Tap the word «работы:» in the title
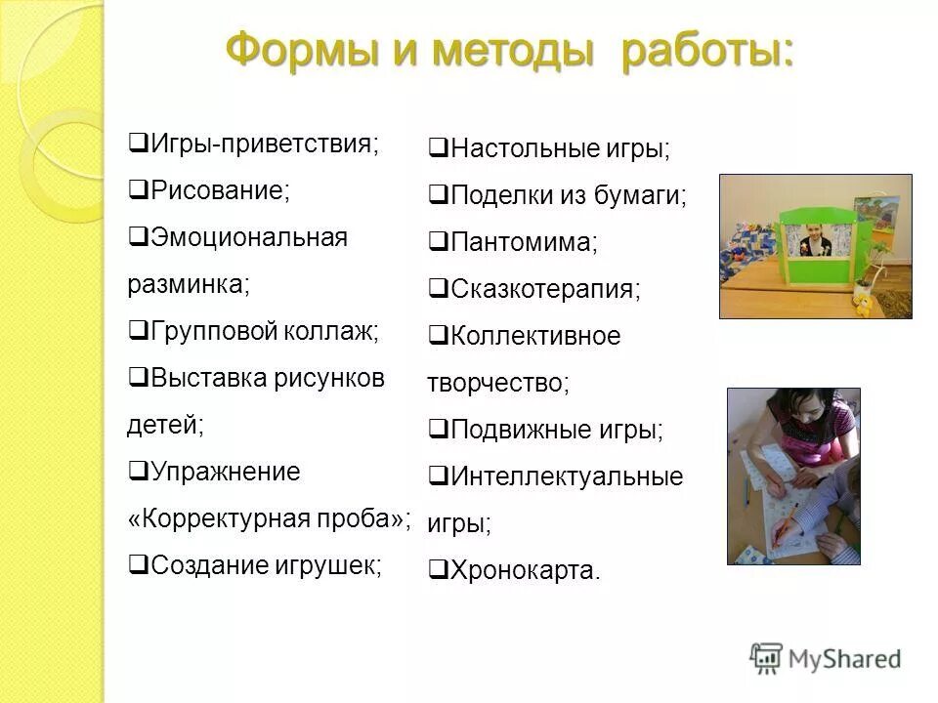click(708, 49)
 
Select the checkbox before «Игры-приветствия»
click(138, 144)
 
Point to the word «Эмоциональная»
click(249, 237)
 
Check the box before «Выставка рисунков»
click(138, 378)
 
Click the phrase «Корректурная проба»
click(269, 518)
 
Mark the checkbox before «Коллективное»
click(438, 337)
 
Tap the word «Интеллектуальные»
click(567, 476)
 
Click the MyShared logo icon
click(767, 658)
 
